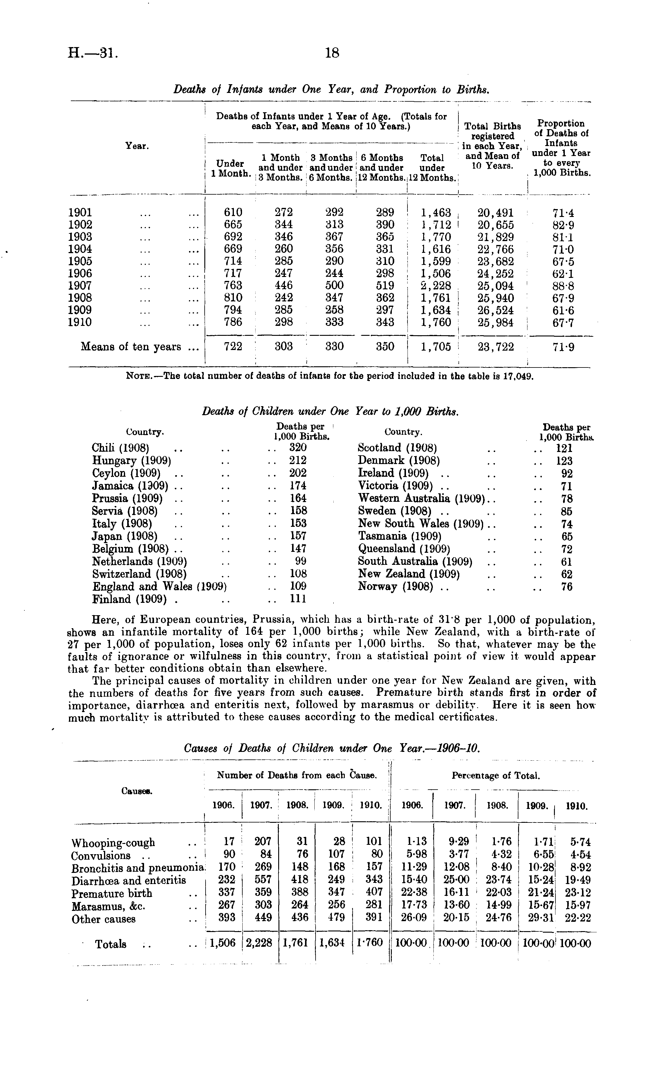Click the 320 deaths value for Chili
coord(298,448)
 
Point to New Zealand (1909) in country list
coord(408,574)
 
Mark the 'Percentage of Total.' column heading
coord(496,775)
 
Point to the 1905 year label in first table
coord(80,261)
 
